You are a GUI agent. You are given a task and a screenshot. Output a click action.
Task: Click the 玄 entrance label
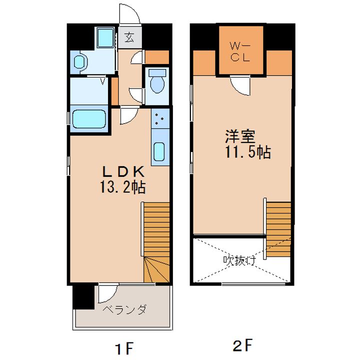click(x=129, y=37)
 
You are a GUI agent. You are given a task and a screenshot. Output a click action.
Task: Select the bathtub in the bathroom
click(x=89, y=118)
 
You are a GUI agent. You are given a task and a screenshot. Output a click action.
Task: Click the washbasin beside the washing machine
click(x=79, y=62)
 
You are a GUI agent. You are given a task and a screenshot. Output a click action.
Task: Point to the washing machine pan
click(x=105, y=38)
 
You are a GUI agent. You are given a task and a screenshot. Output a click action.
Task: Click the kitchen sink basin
click(x=159, y=152)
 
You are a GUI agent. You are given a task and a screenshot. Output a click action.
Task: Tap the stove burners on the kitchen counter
click(x=159, y=118)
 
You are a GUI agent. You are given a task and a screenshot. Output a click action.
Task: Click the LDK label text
click(x=123, y=171)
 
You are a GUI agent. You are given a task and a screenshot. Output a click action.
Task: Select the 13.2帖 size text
click(x=122, y=187)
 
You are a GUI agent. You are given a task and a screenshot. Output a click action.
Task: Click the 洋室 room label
click(x=240, y=136)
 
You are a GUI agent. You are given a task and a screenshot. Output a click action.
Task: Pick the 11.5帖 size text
click(x=248, y=152)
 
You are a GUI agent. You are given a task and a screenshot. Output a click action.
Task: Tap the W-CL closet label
click(x=240, y=52)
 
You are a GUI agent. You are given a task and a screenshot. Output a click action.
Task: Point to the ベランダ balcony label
click(x=124, y=309)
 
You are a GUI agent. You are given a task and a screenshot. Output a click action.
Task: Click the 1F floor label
click(x=124, y=347)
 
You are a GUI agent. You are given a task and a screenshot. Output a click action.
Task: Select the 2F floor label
click(x=242, y=344)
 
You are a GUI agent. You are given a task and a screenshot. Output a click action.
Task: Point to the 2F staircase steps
click(x=278, y=229)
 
